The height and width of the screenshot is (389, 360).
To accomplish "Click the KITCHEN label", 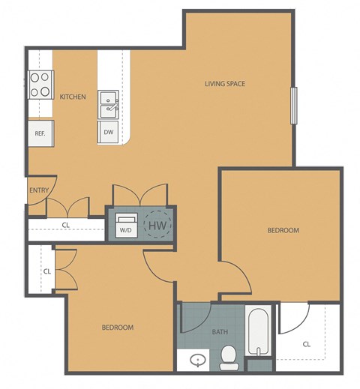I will (x=73, y=97).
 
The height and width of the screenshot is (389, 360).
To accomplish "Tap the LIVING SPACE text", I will (x=225, y=83).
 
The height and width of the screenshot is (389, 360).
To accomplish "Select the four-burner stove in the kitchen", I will (x=40, y=84).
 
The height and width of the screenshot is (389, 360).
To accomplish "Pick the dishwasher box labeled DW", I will (x=109, y=133).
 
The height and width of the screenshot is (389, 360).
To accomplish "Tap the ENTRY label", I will (x=39, y=190).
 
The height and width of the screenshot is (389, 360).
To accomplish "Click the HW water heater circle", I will (x=157, y=224).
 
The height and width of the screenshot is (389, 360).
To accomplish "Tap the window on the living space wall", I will (x=295, y=105).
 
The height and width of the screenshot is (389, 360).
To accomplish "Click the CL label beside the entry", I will (x=66, y=224).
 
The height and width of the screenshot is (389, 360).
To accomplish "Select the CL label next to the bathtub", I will (x=307, y=345).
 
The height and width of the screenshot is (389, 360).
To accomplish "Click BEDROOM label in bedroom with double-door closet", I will (x=118, y=328).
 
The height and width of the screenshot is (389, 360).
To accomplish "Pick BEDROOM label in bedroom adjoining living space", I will (x=283, y=230).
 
